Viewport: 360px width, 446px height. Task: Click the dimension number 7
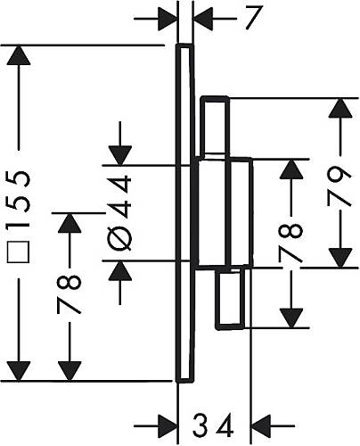(x=254, y=18)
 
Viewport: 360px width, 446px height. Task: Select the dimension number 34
(x=213, y=425)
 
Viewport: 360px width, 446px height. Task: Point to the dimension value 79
(x=340, y=186)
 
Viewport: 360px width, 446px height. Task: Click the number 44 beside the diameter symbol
(x=119, y=196)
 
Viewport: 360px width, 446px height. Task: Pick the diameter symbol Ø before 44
(x=119, y=238)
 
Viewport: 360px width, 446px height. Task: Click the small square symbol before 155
(x=18, y=252)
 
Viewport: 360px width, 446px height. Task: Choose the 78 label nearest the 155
(x=69, y=294)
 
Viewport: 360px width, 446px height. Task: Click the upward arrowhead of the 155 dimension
(x=19, y=55)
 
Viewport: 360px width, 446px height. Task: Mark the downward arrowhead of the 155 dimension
(x=19, y=371)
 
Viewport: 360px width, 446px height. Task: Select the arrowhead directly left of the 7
(x=168, y=19)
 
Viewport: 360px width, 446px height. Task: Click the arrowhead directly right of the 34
(x=261, y=425)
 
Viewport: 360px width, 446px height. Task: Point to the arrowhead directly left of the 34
(x=168, y=425)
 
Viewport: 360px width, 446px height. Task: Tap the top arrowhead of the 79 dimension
(x=340, y=108)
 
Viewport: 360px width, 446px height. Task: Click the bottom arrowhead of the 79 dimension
(x=340, y=258)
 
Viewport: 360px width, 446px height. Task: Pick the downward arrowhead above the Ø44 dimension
(x=120, y=155)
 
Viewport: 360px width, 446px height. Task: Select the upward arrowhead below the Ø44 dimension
(x=120, y=270)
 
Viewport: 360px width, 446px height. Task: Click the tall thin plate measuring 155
(x=184, y=213)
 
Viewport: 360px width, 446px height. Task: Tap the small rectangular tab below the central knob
(x=231, y=298)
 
